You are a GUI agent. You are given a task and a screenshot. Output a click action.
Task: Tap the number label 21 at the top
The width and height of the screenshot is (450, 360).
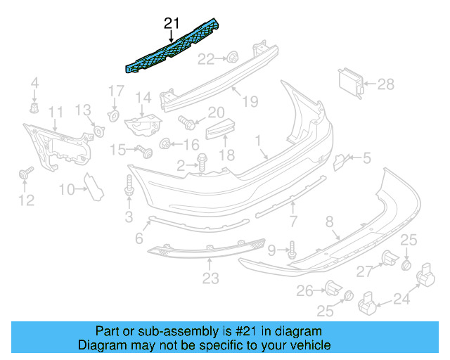pyautogui.click(x=172, y=23)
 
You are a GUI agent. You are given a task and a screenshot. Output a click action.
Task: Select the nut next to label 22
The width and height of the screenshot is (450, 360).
pyautogui.click(x=231, y=58)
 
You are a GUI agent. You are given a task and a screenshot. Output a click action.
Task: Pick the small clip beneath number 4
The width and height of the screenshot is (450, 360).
pyautogui.click(x=33, y=108)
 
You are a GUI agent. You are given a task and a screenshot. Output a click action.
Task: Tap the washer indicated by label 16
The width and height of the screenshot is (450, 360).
pyautogui.click(x=165, y=145)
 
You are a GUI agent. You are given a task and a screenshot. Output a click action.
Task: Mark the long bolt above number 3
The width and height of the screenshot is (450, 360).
pyautogui.click(x=129, y=186)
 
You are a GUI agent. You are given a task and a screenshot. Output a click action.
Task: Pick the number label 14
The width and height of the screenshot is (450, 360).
pyautogui.click(x=143, y=97)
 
